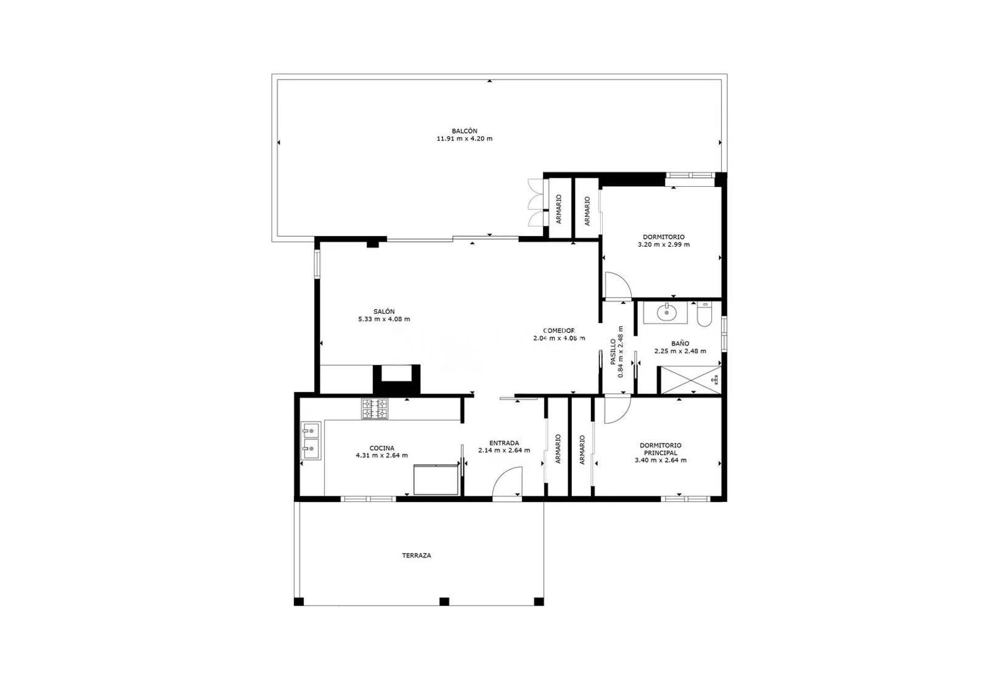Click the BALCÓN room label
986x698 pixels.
coord(464,131)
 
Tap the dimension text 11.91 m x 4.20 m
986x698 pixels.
coord(464,139)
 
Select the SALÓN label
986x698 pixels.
coord(383,311)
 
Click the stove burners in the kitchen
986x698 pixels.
coord(375,409)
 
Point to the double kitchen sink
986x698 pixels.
coord(311,441)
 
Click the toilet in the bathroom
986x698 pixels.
coord(704,314)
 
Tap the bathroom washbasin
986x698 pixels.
coord(666,313)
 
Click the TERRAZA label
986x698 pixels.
coord(417,556)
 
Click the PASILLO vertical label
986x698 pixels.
coord(613,352)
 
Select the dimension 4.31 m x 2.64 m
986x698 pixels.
coord(381,456)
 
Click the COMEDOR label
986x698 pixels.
coord(558,331)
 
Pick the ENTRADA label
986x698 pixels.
coord(503,443)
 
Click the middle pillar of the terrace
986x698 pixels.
coord(444,601)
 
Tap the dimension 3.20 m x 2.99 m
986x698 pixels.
coord(663,244)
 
